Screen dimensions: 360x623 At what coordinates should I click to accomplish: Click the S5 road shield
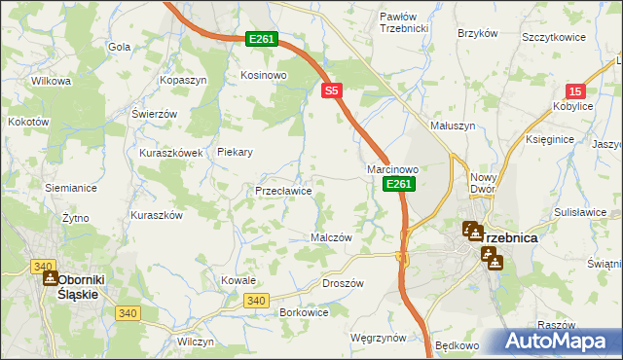click(333, 90)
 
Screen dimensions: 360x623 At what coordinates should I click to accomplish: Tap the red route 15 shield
click(575, 90)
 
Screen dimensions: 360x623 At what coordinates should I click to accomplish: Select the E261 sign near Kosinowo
click(261, 39)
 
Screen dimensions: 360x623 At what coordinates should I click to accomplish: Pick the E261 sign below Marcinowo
click(398, 184)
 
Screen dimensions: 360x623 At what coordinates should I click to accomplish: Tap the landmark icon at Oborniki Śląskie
click(51, 278)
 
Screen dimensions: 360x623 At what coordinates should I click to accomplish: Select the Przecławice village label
click(283, 192)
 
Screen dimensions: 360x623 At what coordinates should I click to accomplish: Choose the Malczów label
click(330, 237)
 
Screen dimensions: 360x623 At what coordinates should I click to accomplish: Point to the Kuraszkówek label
click(170, 153)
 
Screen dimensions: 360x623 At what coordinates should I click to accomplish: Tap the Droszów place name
click(342, 283)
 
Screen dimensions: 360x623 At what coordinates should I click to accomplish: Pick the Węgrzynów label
click(378, 338)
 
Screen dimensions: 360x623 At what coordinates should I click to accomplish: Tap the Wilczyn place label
click(195, 342)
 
